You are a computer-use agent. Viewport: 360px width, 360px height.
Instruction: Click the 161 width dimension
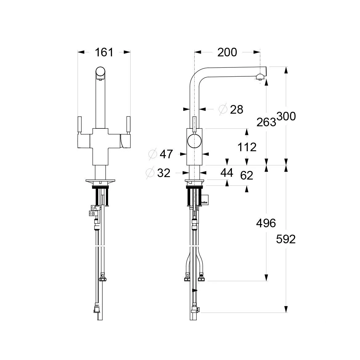104,52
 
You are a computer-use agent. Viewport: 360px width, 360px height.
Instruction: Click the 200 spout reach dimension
227,52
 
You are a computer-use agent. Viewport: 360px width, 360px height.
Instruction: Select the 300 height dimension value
286,116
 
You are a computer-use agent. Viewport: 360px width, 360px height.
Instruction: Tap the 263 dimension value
266,122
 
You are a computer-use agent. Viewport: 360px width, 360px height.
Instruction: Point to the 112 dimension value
247,147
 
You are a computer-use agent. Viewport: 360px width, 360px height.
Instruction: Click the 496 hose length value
266,223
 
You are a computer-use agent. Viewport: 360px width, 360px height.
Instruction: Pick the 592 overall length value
286,239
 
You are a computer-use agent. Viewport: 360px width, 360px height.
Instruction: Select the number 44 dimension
227,173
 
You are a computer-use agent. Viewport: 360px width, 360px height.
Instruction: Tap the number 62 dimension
247,176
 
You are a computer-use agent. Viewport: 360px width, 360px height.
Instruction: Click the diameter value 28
237,109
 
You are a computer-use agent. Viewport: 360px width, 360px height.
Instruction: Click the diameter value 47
166,154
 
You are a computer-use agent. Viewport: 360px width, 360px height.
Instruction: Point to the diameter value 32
164,173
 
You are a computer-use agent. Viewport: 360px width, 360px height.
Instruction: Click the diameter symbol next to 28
223,109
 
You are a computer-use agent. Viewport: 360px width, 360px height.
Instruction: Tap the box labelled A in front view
94,208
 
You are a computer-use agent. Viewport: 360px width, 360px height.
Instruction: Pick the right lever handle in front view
128,125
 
